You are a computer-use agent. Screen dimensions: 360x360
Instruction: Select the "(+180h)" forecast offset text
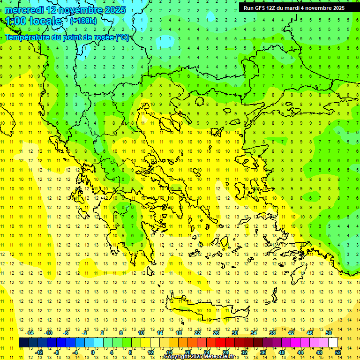point(83,21)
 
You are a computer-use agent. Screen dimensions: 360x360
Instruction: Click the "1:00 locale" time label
point(34,21)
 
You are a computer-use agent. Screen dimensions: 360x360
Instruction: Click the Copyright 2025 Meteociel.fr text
point(199,357)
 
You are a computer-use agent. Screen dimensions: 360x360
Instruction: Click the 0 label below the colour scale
point(93,352)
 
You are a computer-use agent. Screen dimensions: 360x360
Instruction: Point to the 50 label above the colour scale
point(328,333)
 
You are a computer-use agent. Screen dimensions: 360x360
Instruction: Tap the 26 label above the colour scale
point(216,333)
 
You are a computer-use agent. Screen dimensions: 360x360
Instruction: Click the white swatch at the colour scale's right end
point(333,343)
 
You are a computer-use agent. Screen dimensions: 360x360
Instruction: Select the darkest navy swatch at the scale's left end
point(23,343)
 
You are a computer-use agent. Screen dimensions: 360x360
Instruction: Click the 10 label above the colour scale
point(141,333)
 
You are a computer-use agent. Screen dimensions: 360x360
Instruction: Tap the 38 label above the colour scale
point(272,333)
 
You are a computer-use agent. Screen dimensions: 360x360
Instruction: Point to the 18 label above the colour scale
point(179,333)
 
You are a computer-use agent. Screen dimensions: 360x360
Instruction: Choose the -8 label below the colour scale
point(57,352)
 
